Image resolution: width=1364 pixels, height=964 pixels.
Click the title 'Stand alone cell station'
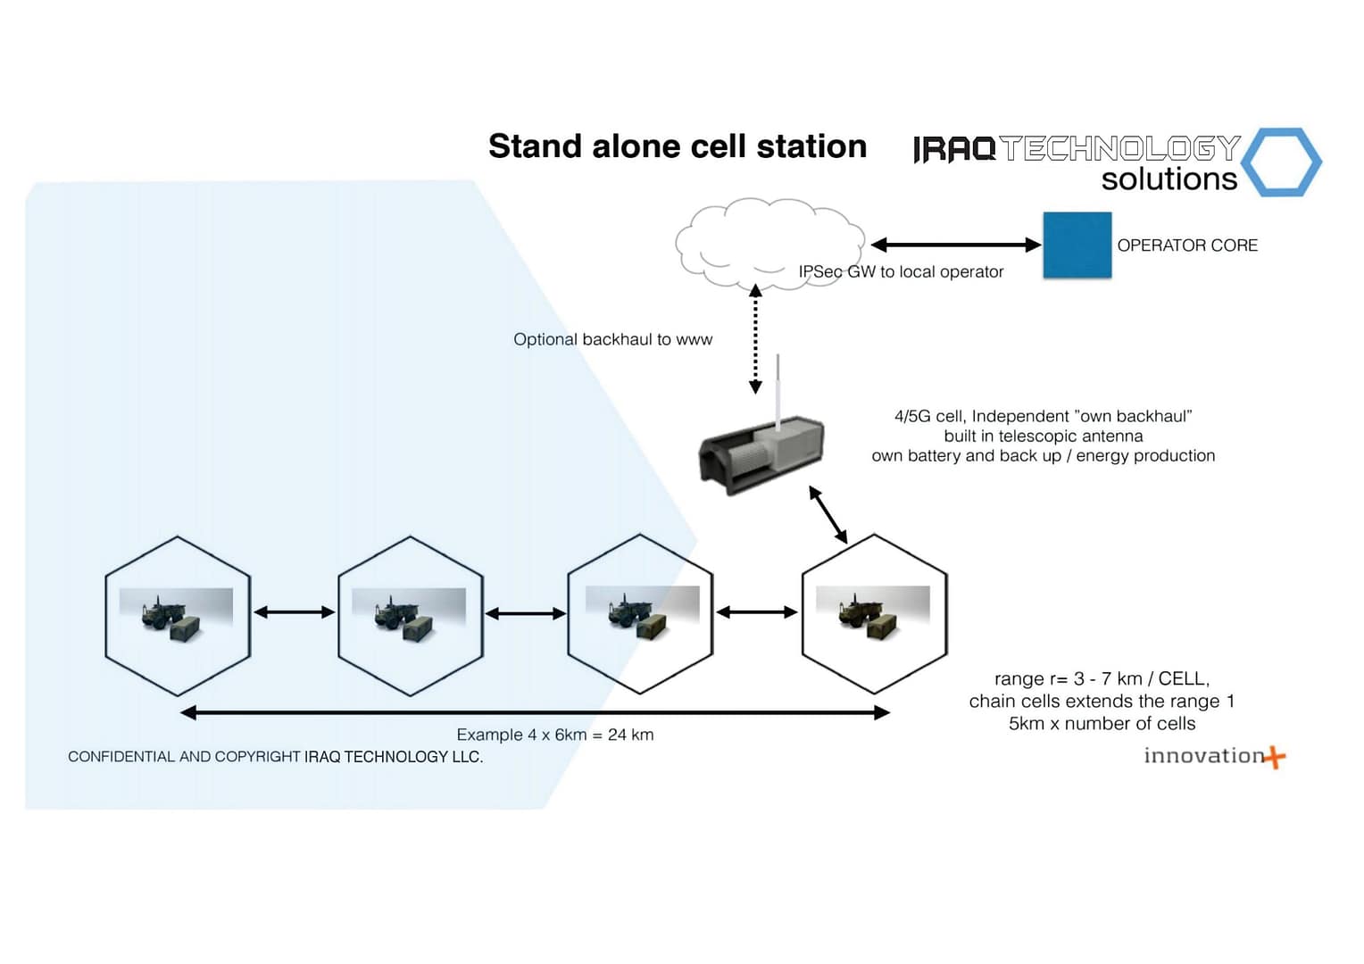coord(677,146)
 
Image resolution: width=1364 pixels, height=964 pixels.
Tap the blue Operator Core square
coord(1077,245)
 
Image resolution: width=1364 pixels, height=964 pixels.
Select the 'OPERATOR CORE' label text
coord(1186,245)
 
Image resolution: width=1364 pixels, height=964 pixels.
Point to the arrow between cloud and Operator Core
coord(955,245)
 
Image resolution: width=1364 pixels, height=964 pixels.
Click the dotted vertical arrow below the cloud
coord(755,339)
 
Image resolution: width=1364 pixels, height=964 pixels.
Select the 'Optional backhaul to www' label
coord(612,339)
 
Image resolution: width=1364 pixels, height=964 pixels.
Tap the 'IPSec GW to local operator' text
coord(901,271)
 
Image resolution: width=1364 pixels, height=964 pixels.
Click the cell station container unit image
coord(761,456)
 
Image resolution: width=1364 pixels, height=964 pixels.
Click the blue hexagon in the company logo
coord(1281,162)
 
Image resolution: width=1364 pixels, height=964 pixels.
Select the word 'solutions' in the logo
coord(1169,179)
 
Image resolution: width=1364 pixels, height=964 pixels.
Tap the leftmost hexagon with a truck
coord(178,615)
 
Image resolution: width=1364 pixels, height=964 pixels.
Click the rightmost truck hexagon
coord(874,614)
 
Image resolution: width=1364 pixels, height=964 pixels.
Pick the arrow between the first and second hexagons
coord(294,612)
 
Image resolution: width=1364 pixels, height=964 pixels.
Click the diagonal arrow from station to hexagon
coord(828,515)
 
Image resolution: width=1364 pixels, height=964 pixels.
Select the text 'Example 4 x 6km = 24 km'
coord(554,735)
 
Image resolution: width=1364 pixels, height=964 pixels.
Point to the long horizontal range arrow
coord(535,712)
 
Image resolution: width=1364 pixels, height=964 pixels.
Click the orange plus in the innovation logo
coord(1276,758)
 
